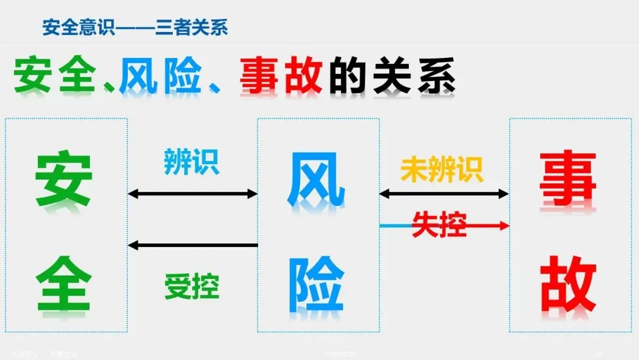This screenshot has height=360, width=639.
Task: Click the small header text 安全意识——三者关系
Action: (135, 27)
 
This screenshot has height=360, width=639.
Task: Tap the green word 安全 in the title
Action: (54, 75)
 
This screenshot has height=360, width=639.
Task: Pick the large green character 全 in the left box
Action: (64, 283)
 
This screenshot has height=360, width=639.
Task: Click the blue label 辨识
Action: (191, 161)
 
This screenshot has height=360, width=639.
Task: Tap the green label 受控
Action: (192, 287)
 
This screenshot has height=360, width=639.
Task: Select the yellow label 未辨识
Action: (442, 169)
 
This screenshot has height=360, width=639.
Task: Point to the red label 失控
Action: (439, 224)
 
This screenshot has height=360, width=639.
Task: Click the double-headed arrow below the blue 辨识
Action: (192, 194)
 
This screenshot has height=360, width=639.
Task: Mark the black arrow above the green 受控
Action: (192, 245)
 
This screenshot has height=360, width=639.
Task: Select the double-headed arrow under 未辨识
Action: (444, 194)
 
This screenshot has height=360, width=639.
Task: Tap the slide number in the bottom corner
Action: (598, 354)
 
